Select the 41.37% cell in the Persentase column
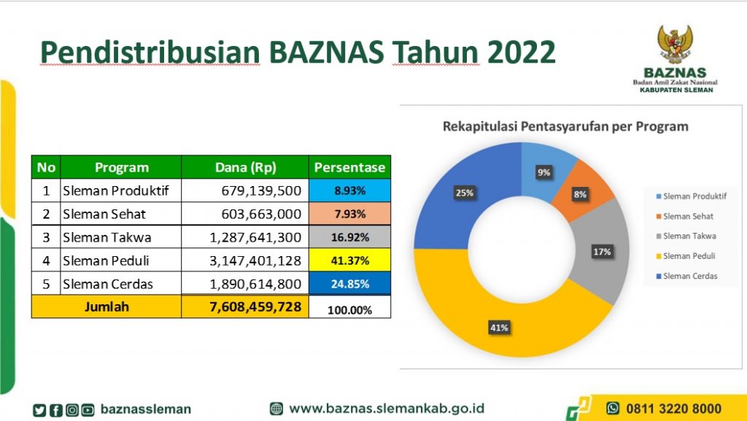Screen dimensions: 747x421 coord(349,260)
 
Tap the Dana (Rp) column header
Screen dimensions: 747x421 coord(245,167)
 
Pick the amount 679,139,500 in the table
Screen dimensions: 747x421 coord(261,190)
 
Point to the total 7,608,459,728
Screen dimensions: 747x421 coord(255,306)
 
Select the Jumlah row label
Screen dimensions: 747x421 coord(107,306)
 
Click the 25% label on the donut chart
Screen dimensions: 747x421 coord(465,193)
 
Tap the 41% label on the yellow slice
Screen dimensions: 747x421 coord(499,327)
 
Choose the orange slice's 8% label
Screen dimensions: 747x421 coord(580,194)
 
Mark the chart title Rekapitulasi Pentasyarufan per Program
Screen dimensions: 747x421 coord(565,127)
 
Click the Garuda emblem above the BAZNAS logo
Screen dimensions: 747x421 coord(675,44)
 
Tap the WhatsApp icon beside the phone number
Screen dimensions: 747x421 coord(613,408)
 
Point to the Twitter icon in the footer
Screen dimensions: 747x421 coord(39,410)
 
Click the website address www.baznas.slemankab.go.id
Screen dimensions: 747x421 coord(387,409)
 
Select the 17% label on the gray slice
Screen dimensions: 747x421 coord(602,252)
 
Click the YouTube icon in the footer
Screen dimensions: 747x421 coord(88,410)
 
